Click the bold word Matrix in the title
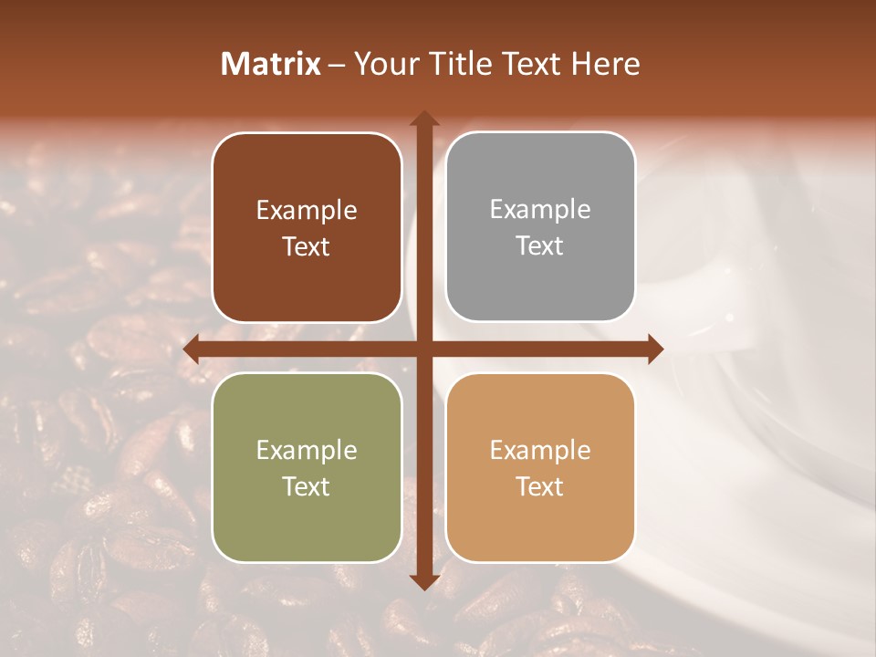pos(271,64)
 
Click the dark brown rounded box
pos(307,227)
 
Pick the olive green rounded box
pos(307,467)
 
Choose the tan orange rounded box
pos(540,467)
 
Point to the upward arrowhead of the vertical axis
pos(424,120)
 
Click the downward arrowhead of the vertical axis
pos(424,581)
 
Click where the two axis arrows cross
pos(424,349)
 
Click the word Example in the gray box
pos(540,209)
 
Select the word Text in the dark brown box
pos(307,246)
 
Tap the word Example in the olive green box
pos(307,450)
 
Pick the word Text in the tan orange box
pos(540,486)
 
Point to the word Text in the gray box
pos(540,245)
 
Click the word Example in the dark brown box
pos(307,210)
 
